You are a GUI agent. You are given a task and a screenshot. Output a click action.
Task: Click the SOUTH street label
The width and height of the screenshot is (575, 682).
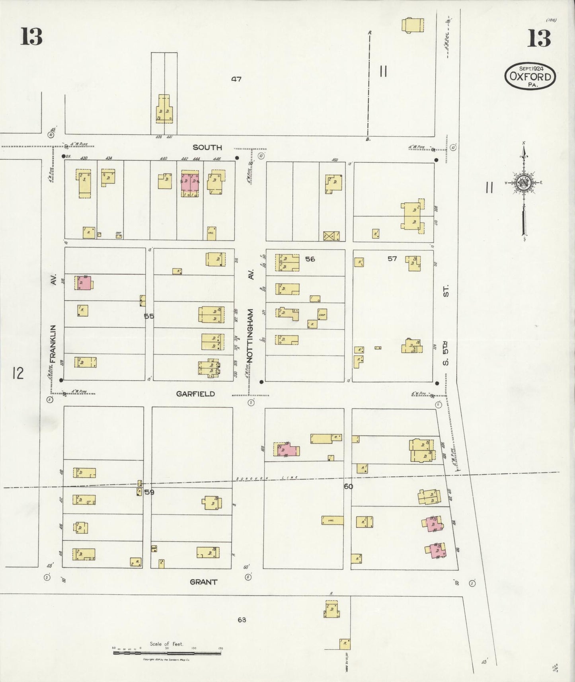click(207, 147)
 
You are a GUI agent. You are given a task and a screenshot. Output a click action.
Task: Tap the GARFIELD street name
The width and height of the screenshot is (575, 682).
click(195, 394)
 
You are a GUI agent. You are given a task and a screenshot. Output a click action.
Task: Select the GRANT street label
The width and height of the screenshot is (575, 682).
click(203, 582)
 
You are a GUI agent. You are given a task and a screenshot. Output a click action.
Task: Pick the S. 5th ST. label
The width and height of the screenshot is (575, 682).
click(446, 324)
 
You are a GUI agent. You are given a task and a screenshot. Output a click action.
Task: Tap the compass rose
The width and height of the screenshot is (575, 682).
click(524, 183)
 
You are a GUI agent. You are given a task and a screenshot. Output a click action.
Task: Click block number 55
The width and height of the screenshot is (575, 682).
click(149, 316)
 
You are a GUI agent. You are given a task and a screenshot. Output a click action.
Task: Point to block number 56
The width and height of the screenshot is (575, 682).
click(310, 259)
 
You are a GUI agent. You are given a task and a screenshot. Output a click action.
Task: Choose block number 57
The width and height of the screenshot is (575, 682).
click(392, 259)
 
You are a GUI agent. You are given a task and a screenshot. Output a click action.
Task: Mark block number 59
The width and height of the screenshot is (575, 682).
click(149, 492)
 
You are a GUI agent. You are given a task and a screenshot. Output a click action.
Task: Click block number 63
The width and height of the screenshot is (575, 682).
click(242, 620)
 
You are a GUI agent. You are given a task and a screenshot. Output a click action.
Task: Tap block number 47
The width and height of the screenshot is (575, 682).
click(236, 79)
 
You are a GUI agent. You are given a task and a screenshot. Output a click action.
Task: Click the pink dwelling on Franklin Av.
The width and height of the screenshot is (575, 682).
click(83, 283)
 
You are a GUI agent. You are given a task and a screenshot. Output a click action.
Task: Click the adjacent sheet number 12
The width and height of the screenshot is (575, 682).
click(18, 374)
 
